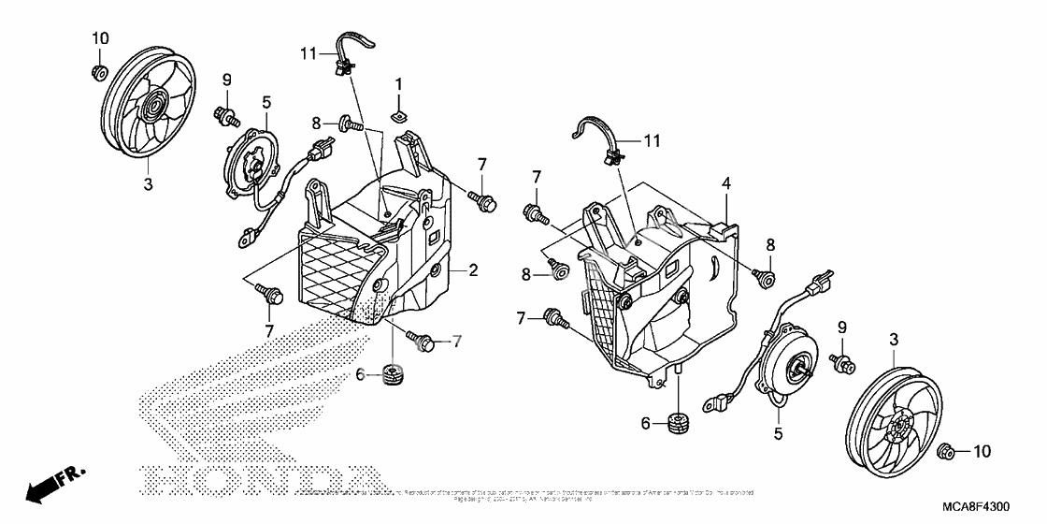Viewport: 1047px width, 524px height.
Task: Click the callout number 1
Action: tap(398, 84)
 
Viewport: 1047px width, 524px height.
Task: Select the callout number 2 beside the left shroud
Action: tap(473, 271)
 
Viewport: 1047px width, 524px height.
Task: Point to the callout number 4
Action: tap(724, 185)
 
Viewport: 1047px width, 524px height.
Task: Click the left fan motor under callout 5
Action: tap(254, 168)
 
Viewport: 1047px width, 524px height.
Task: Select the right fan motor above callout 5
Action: tap(793, 365)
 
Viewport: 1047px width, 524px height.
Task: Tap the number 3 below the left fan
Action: tap(148, 185)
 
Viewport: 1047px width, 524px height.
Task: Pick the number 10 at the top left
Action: tap(100, 38)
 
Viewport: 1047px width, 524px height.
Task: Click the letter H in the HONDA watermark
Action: tap(161, 482)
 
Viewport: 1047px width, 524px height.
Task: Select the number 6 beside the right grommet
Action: tap(646, 423)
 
